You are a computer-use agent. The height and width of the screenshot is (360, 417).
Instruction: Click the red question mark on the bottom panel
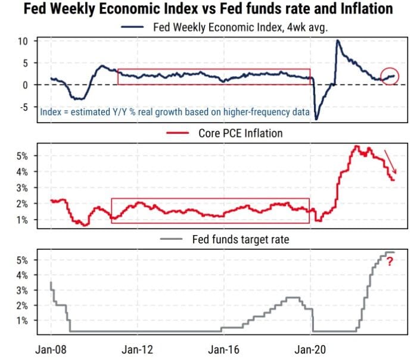tap(390, 261)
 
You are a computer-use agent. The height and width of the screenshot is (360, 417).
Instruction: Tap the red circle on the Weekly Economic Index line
tap(389, 76)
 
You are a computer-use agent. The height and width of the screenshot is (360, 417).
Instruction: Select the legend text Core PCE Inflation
tap(240, 133)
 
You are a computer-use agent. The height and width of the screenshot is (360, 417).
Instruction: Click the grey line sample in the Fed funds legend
tap(173, 240)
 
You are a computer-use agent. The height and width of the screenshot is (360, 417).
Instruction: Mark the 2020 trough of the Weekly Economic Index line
tap(316, 119)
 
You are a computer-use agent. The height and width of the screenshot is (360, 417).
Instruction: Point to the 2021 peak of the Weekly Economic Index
tap(338, 40)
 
